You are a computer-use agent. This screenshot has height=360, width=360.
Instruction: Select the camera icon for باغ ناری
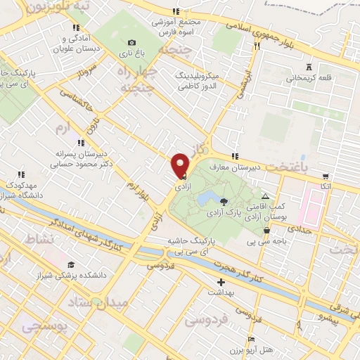(131, 43)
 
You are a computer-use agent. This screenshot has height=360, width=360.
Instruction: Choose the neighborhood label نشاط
(39, 238)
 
